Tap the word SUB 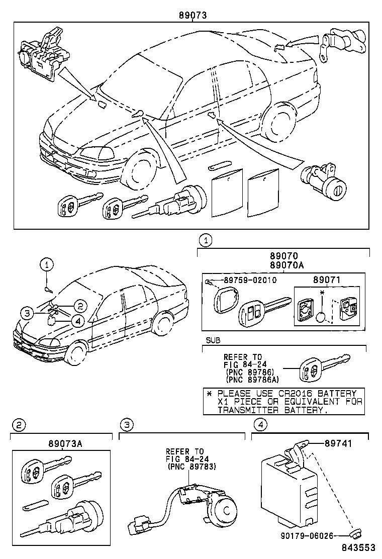[x=213, y=340]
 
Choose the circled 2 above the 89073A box [x=18, y=425]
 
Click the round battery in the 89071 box [x=322, y=318]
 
